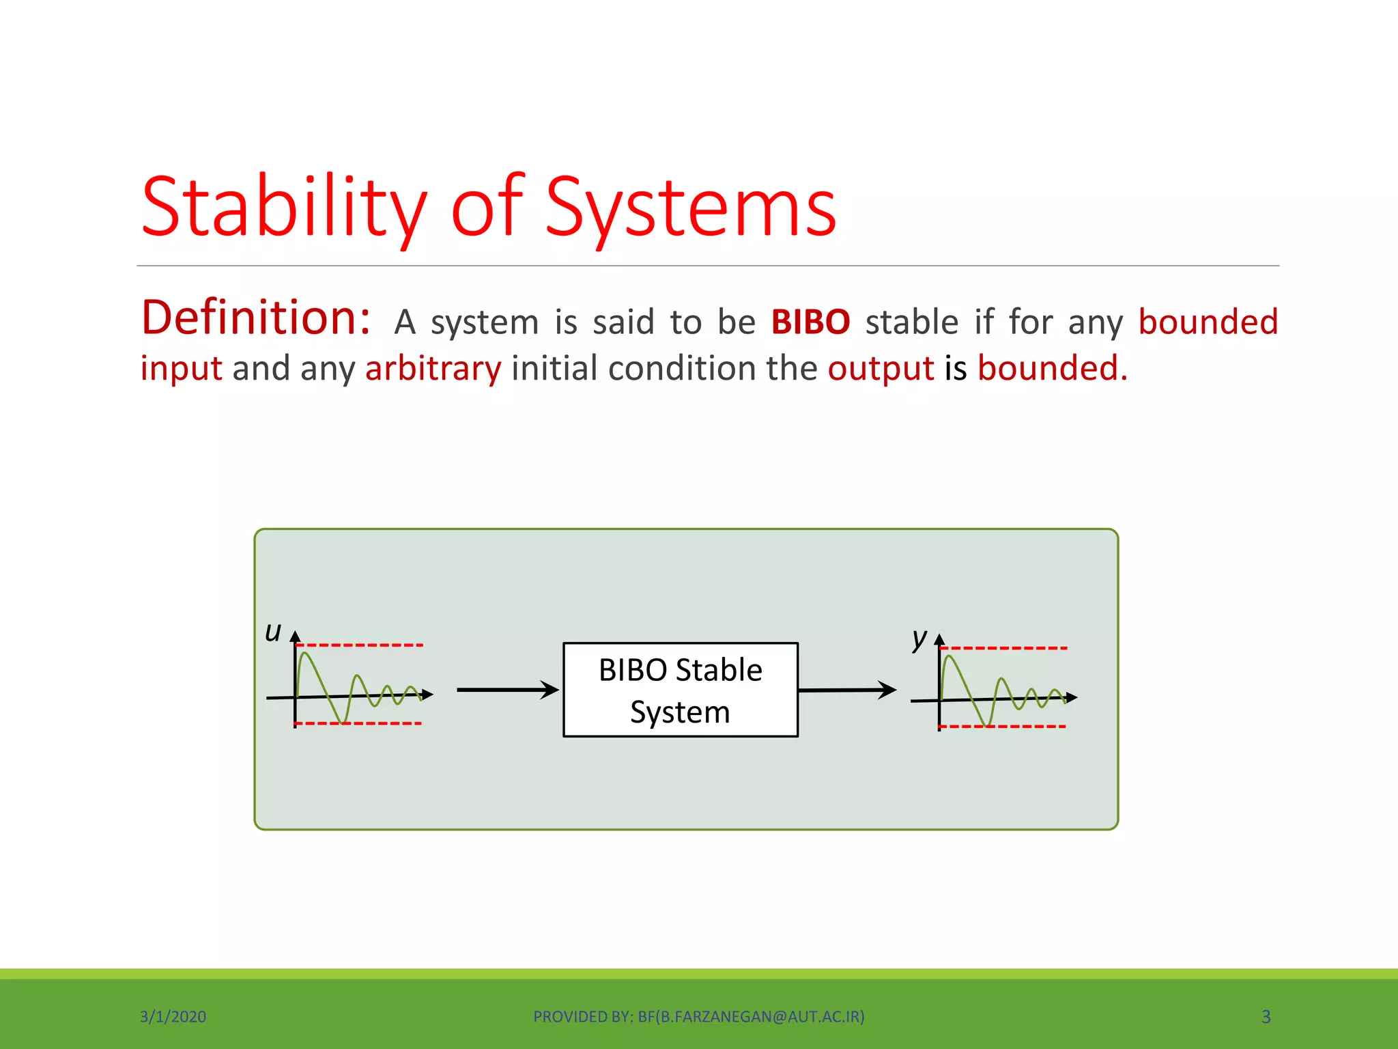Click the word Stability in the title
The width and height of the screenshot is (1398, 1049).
point(283,207)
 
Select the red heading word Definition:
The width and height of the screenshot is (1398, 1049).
point(256,318)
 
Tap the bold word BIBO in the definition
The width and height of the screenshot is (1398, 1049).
point(810,322)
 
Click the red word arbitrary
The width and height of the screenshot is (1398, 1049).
point(433,369)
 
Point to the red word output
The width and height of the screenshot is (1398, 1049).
point(880,369)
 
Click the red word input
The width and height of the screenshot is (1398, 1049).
point(181,369)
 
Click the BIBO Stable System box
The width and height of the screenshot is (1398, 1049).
point(680,690)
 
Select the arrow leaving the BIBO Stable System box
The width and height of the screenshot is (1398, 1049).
point(846,690)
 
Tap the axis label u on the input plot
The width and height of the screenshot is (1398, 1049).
point(273,632)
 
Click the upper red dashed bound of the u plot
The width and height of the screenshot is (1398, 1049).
point(360,645)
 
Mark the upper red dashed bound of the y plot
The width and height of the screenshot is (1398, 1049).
point(1003,647)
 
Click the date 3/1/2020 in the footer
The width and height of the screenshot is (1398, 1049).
point(173,1016)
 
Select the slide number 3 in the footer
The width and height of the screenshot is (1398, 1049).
point(1266,1016)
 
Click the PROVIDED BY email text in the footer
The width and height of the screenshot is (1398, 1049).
point(698,1016)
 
